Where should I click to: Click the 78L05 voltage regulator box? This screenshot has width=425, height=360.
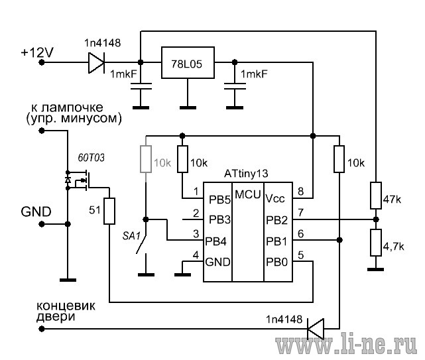188,63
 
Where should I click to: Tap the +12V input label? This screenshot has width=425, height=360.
37,52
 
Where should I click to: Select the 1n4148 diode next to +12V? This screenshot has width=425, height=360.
96,63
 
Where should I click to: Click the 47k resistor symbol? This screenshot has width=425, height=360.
376,196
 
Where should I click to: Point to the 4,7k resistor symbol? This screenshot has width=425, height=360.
376,243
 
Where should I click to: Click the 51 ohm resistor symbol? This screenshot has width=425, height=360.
109,211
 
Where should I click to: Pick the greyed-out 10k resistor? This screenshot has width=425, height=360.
146,159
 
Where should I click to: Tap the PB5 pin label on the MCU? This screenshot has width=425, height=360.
219,200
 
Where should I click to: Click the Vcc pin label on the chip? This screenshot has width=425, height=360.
275,198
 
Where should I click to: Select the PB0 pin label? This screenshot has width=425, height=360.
276,262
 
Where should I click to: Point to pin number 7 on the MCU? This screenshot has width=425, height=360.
300,213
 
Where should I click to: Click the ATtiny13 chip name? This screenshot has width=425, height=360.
246,174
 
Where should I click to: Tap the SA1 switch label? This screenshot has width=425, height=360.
131,236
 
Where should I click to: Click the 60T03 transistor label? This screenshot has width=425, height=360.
91,158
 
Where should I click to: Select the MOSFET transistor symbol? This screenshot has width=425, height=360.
79,180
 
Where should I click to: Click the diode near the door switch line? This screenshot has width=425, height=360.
316,329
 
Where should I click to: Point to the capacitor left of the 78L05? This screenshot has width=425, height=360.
141,86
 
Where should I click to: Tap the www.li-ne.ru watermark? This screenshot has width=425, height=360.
346,345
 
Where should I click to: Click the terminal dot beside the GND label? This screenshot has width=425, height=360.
42,224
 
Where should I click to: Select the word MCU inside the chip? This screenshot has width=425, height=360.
248,194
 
